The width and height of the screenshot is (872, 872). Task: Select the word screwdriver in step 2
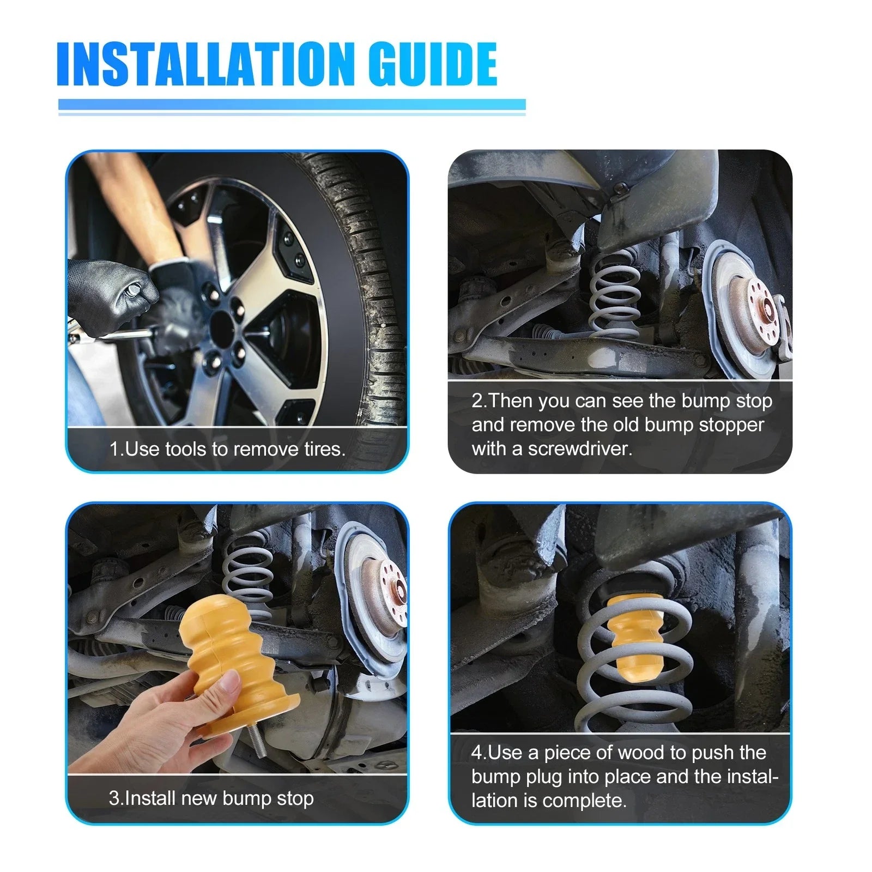pos(580,449)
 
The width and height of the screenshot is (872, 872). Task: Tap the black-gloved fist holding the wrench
pos(112,294)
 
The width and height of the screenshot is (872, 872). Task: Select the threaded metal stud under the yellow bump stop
pos(256,741)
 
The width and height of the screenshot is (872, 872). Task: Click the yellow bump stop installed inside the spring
pos(634,638)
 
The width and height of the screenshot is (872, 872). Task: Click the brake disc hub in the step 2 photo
pos(758,311)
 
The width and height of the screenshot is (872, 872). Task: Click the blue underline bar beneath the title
pos(292,105)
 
